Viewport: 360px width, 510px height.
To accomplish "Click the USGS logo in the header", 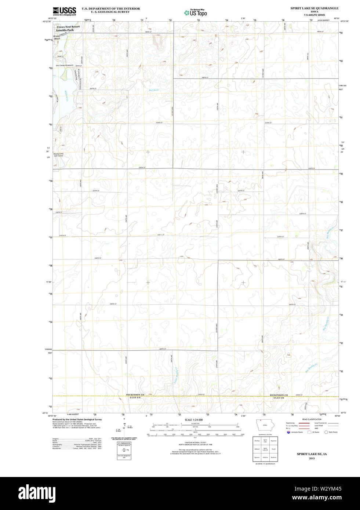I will pyautogui.click(x=64, y=11).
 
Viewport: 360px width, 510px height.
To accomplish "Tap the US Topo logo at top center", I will pyautogui.click(x=196, y=12).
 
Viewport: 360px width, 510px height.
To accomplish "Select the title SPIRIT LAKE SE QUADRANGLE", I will pyautogui.click(x=314, y=8).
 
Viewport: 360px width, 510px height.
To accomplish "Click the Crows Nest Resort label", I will pyautogui.click(x=68, y=27).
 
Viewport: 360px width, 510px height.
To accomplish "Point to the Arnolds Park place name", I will pyautogui.click(x=65, y=30).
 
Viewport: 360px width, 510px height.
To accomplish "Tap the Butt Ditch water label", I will pyautogui.click(x=154, y=90).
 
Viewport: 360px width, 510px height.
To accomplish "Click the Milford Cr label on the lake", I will pyautogui.click(x=66, y=96).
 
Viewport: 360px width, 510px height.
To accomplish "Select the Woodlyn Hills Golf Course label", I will pyautogui.click(x=59, y=155).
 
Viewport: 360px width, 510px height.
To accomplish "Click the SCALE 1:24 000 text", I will pyautogui.click(x=193, y=420).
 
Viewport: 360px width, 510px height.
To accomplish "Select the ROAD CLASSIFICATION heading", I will pyautogui.click(x=312, y=419).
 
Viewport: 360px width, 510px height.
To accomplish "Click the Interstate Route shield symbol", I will pyautogui.click(x=288, y=432).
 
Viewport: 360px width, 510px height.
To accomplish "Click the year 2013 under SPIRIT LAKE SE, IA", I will pyautogui.click(x=312, y=458).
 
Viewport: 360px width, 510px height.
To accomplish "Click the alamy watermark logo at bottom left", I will pyautogui.click(x=37, y=492).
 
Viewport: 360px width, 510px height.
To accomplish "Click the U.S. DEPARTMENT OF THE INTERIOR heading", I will pyautogui.click(x=110, y=8).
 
